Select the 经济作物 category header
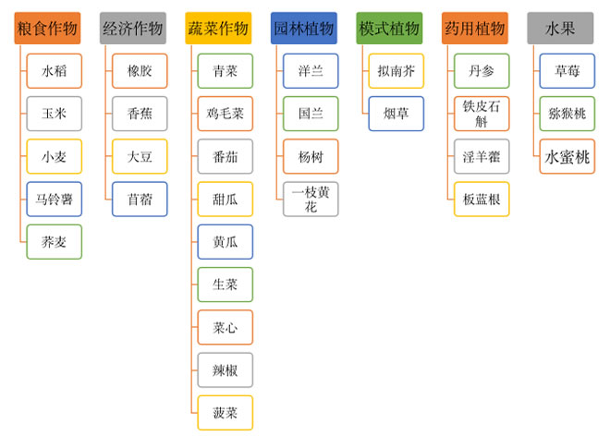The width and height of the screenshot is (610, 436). coord(132,29)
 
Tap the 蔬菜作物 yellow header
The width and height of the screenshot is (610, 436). coord(218,29)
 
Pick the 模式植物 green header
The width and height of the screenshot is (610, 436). coord(389,29)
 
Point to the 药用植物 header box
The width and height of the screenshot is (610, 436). coord(474,29)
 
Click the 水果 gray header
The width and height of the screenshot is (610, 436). coord(560,29)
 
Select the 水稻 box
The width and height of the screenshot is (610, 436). coord(54,71)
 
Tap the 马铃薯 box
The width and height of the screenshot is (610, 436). coord(54,199)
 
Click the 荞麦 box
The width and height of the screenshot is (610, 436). coord(54,241)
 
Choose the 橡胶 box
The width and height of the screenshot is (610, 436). coord(140,71)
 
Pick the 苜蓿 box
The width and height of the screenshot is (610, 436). coord(140,199)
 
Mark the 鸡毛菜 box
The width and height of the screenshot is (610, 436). coord(225,114)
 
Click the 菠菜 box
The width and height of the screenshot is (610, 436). coord(225,412)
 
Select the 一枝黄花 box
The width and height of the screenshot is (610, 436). coord(311,199)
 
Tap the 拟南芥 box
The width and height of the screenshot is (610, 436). coord(396,71)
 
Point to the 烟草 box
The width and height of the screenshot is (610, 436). coord(396,114)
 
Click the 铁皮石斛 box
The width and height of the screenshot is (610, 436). coord(482,114)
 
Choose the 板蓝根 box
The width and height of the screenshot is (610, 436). coord(482,199)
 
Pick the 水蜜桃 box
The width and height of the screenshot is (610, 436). coord(567,156)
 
